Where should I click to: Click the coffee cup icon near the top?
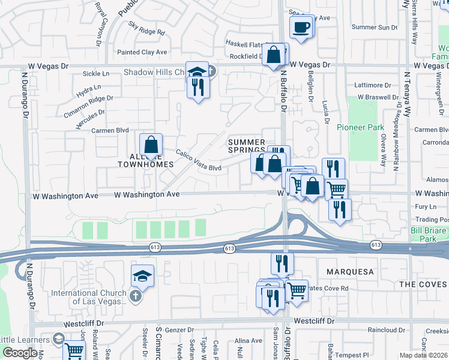[x=301, y=26]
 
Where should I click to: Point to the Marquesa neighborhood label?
[x=350, y=272]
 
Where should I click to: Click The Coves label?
[x=423, y=284]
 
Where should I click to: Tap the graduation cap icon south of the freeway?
[x=142, y=275]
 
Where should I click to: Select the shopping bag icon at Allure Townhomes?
[x=151, y=145]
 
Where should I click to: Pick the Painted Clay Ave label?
[x=142, y=52]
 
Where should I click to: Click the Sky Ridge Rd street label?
[x=146, y=27]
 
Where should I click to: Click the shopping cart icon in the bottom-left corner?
[x=74, y=351]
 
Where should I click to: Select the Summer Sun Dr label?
[x=375, y=27]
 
